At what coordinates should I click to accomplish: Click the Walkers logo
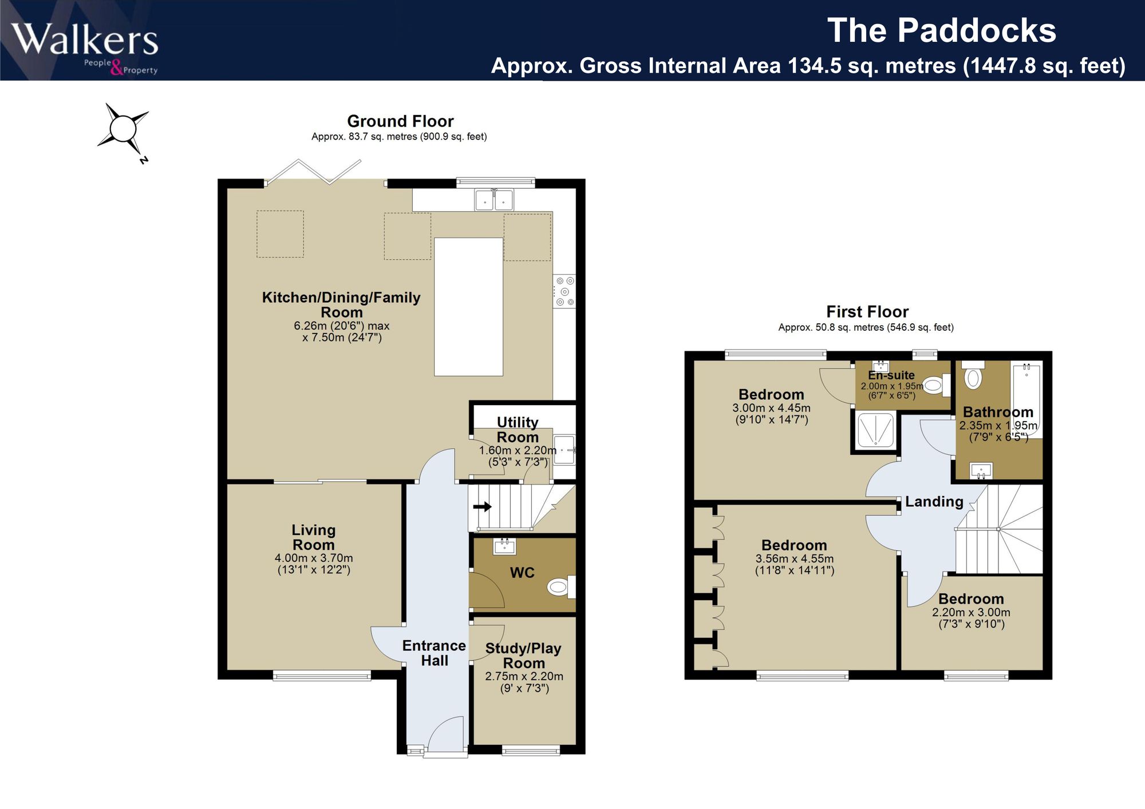click(85, 47)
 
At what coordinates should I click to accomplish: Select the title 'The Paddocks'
click(942, 30)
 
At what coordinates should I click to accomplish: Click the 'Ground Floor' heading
click(400, 121)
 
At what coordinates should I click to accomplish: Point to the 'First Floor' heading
click(867, 312)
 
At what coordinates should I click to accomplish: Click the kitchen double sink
click(494, 200)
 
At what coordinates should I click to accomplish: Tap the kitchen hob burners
click(564, 292)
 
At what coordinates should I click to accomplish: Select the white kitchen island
click(468, 307)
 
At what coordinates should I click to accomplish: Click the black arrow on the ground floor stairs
click(482, 506)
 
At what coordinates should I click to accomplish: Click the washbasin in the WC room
click(504, 546)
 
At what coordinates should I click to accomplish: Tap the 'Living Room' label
click(314, 538)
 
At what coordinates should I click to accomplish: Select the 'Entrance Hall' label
click(434, 653)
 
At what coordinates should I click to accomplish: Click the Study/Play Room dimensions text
click(524, 682)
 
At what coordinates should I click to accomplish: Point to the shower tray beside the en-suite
click(875, 430)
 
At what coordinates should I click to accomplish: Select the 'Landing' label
click(934, 502)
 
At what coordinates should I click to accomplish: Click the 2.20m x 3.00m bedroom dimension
click(972, 612)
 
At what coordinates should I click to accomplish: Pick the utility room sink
click(564, 450)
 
